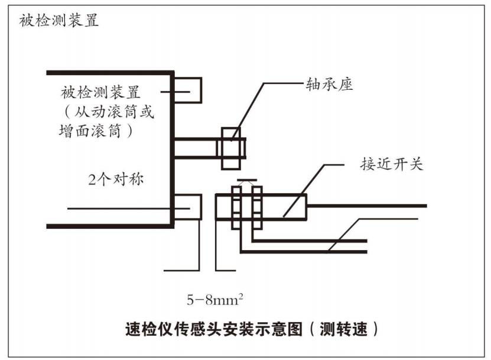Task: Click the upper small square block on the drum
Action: click(189, 92)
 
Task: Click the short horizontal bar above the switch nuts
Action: click(247, 180)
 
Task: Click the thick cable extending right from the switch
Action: click(366, 206)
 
